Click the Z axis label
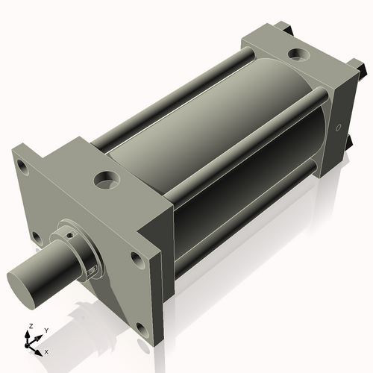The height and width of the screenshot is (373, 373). tap(31, 326)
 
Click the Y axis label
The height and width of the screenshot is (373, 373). tap(46, 330)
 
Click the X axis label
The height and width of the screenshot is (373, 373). tap(46, 352)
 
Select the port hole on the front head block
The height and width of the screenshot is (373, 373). tap(107, 180)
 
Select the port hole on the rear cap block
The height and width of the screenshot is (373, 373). tap(298, 54)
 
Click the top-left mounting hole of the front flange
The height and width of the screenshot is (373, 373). tap(22, 167)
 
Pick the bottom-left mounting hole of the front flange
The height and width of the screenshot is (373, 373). tap(37, 238)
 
